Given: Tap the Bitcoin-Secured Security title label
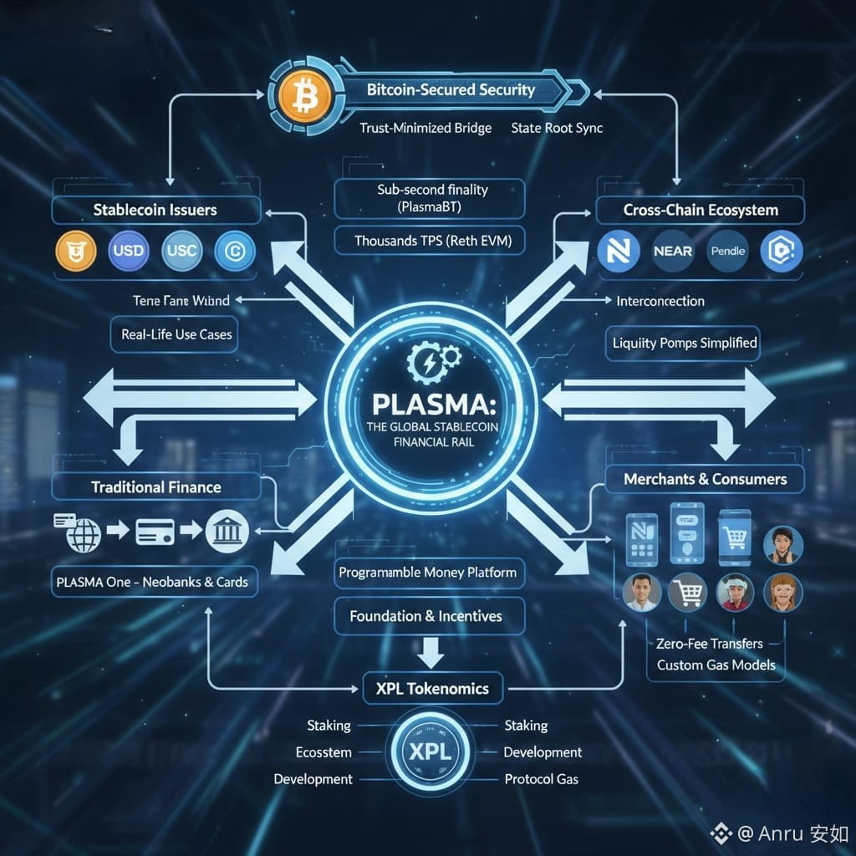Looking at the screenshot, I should pyautogui.click(x=451, y=90).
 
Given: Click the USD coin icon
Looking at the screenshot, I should pyautogui.click(x=128, y=250).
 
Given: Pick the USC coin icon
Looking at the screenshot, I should pyautogui.click(x=181, y=250).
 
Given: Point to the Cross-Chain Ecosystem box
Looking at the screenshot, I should pyautogui.click(x=701, y=211).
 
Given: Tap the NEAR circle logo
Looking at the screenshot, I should pyautogui.click(x=673, y=251).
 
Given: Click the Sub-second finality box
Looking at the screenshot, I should pyautogui.click(x=430, y=198).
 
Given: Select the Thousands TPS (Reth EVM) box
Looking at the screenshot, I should pyautogui.click(x=430, y=242).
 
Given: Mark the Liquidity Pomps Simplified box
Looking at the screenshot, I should pyautogui.click(x=684, y=343).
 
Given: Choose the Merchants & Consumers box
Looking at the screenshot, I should pyautogui.click(x=705, y=479).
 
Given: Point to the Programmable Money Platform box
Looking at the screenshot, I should pyautogui.click(x=427, y=574).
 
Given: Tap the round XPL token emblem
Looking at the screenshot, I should pyautogui.click(x=431, y=751).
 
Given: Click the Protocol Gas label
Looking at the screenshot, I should pyautogui.click(x=541, y=779).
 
